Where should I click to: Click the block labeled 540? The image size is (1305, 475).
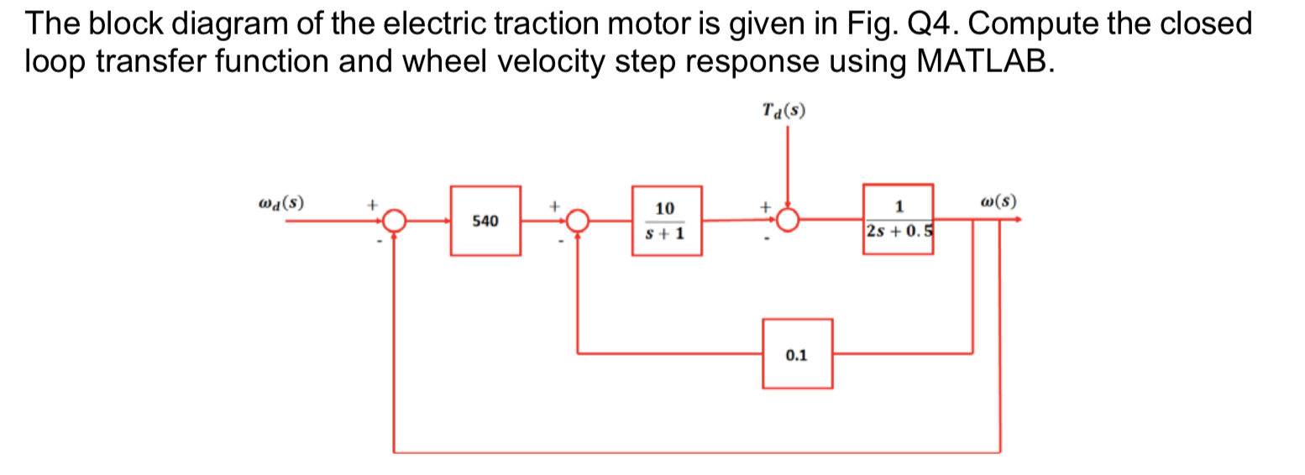click(x=485, y=222)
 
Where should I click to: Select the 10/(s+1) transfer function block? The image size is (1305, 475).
click(x=666, y=221)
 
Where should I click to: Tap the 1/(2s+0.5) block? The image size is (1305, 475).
click(x=899, y=219)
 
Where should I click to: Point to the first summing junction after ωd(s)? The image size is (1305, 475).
click(x=394, y=222)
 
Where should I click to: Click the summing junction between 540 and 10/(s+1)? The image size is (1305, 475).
click(x=576, y=222)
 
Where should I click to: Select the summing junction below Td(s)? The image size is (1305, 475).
click(x=787, y=221)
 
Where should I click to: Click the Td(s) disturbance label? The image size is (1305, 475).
click(x=786, y=111)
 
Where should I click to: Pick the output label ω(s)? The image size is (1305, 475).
click(x=998, y=202)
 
